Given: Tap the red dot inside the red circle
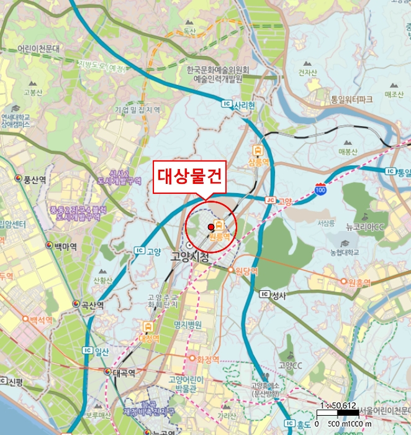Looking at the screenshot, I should tap(211, 227).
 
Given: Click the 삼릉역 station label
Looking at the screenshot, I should tap(258, 162).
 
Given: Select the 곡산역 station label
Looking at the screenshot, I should tap(88, 304).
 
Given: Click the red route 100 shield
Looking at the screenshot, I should tap(320, 189).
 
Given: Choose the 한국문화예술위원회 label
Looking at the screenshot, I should tap(219, 71).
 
